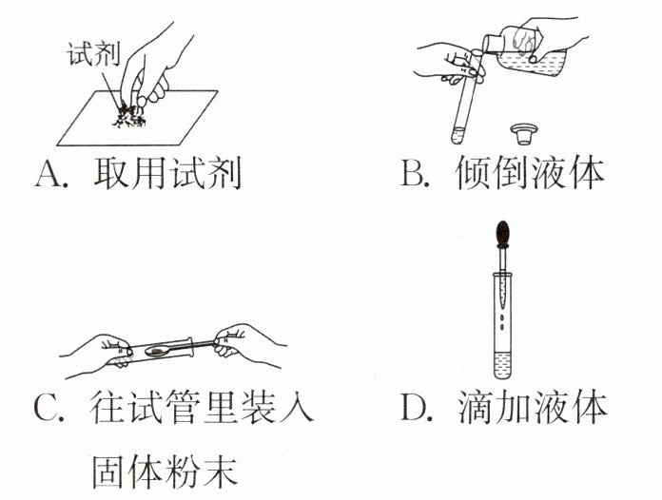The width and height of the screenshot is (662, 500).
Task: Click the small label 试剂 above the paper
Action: [x=94, y=53]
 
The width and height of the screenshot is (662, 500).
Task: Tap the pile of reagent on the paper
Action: [x=128, y=115]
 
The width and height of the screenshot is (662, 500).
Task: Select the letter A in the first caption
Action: [x=48, y=173]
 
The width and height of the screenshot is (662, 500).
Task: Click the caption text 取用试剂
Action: [x=167, y=173]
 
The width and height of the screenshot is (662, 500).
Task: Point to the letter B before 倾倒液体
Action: [x=411, y=173]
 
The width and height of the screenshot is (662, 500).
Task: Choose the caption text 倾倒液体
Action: [x=530, y=173]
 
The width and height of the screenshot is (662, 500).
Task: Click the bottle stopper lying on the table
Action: [x=523, y=133]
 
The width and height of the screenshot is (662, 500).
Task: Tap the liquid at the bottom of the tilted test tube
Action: [x=458, y=135]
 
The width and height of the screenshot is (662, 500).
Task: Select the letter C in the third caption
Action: [x=48, y=409]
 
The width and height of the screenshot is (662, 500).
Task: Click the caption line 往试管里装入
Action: [x=202, y=408]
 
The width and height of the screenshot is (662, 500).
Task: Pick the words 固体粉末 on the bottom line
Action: [x=165, y=471]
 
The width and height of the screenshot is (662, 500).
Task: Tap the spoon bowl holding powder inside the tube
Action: [x=157, y=351]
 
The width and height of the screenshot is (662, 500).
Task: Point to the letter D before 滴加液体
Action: [x=414, y=408]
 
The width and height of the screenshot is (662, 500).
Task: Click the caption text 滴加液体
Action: [x=532, y=408]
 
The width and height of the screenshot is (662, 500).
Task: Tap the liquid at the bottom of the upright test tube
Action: [x=502, y=365]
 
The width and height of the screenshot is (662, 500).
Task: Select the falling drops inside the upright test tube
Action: [x=502, y=321]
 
